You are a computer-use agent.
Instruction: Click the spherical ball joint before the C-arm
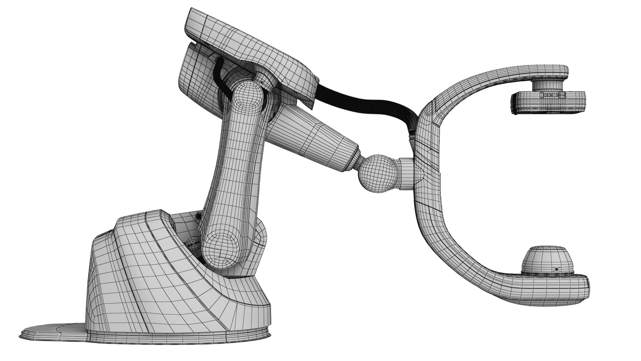point(377,174)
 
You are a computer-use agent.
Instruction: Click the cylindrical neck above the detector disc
point(548,85)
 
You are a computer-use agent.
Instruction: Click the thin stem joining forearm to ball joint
point(356,164)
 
